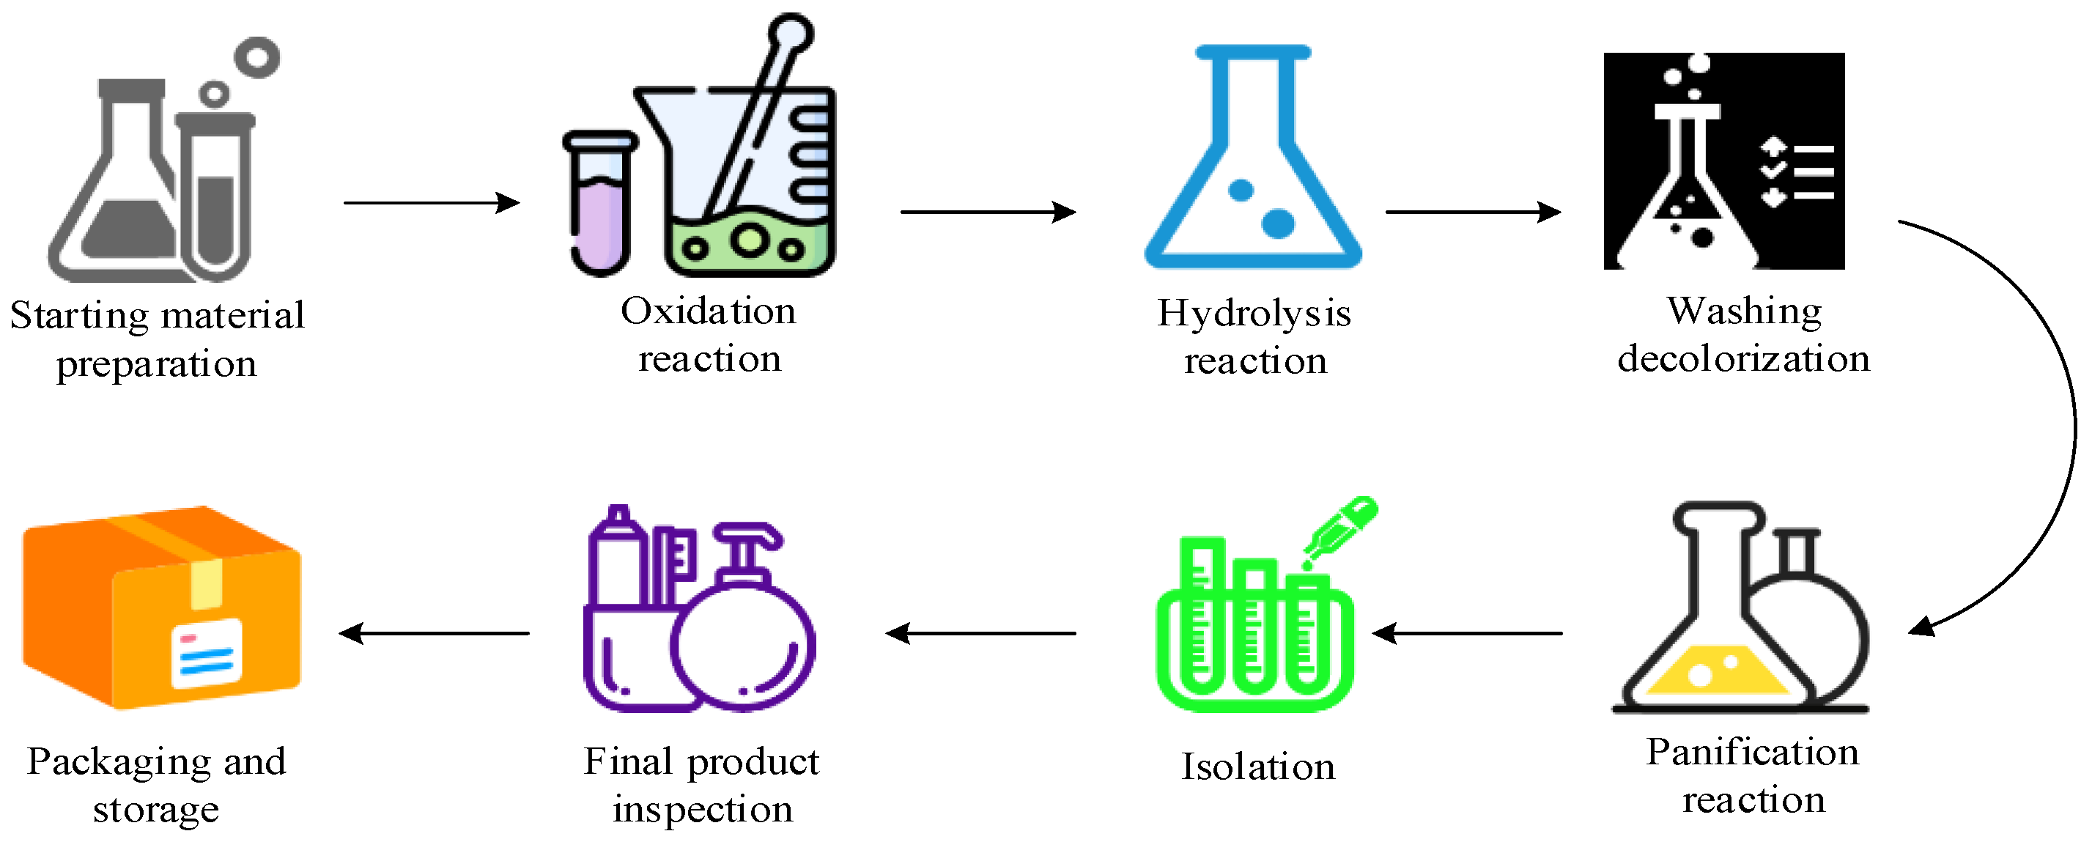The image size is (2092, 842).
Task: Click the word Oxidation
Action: tap(708, 311)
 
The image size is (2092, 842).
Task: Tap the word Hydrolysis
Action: tap(1254, 314)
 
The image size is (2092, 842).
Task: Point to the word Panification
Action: tap(1753, 752)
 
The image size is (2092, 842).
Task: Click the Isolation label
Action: tap(1258, 767)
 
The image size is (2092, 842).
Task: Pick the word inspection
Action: tap(703, 809)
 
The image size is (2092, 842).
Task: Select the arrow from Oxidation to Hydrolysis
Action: tap(988, 212)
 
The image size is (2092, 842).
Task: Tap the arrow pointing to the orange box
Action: tap(434, 632)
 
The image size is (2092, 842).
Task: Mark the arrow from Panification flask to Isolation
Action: tap(1467, 632)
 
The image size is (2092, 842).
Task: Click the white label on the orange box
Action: tap(207, 652)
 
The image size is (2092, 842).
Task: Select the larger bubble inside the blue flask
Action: tap(1277, 224)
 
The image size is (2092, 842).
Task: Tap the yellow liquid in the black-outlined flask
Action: tap(1715, 671)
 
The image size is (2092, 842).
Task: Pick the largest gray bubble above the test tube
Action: tap(256, 57)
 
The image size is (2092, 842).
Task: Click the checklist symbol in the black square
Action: tap(1797, 172)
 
